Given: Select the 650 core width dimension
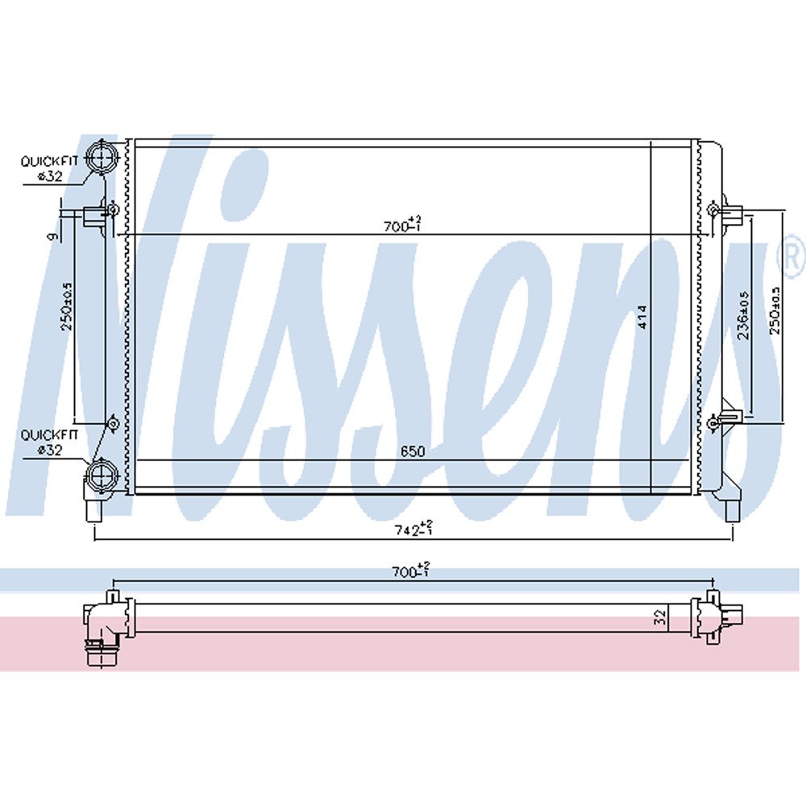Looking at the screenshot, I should tap(412, 452).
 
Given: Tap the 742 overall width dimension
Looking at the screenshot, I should tap(412, 530).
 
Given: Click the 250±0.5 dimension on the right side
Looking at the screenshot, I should tap(776, 310).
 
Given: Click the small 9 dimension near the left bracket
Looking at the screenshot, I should tap(50, 236).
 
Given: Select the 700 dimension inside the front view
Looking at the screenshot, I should tap(401, 226).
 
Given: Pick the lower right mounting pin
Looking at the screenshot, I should tap(729, 418).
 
